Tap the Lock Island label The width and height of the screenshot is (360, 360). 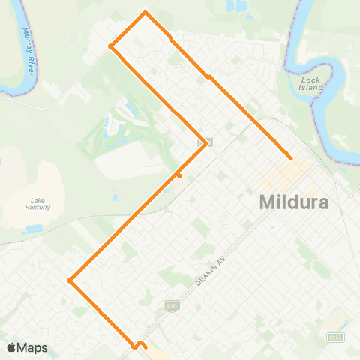(x=310, y=83)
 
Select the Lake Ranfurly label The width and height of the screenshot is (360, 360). (x=37, y=203)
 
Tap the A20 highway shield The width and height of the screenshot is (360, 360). (x=170, y=306)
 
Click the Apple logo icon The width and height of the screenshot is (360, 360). (x=11, y=348)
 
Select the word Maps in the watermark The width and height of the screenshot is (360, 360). (x=32, y=348)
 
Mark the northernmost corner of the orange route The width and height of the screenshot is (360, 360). (x=145, y=12)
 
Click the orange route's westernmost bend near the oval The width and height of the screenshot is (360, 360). (x=111, y=46)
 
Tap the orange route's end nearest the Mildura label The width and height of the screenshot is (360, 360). (x=289, y=157)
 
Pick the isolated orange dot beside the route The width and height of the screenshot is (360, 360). (x=179, y=176)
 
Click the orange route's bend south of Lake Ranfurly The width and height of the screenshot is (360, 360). (x=69, y=280)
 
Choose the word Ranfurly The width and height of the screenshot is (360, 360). (x=37, y=207)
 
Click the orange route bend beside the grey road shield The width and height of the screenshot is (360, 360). (x=205, y=145)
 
